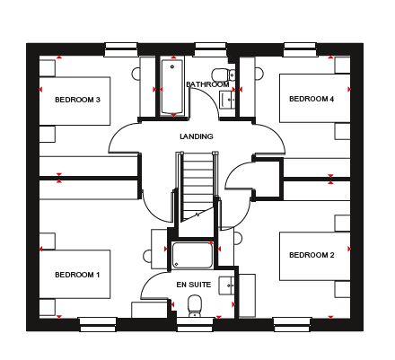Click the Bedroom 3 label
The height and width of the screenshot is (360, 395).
[x=77, y=100]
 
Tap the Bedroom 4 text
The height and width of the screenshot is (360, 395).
[x=312, y=99]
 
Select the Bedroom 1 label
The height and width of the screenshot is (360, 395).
[x=77, y=275]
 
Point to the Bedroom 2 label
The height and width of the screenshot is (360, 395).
[x=312, y=255]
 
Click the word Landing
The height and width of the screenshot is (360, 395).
[x=197, y=136]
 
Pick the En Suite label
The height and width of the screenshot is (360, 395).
[x=194, y=285]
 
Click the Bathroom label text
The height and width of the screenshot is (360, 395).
[x=207, y=84]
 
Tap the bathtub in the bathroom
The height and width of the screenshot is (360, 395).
[x=172, y=87]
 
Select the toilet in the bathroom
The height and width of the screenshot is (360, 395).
[x=224, y=75]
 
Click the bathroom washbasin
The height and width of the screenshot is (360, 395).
[x=227, y=100]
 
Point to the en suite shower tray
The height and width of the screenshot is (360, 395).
[x=192, y=255]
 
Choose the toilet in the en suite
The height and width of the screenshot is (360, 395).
[x=195, y=306]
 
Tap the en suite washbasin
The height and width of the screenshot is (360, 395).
[x=227, y=286]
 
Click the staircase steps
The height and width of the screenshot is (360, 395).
[x=197, y=187]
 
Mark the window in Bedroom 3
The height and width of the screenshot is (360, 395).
[x=121, y=49]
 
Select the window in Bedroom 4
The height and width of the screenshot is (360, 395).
[x=300, y=49]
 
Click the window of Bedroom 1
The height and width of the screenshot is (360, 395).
[x=98, y=325]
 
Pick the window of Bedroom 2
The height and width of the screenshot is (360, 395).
[x=293, y=325]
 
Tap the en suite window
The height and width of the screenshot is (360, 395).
[x=195, y=325]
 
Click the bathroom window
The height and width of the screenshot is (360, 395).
[x=210, y=49]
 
